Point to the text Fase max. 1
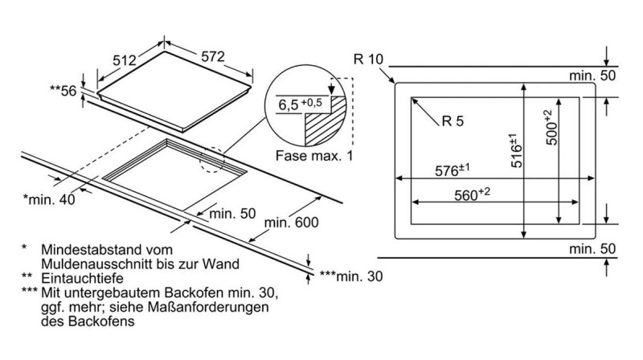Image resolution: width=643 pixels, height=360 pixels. pyautogui.click(x=314, y=156)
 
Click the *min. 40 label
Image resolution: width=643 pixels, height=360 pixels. pyautogui.click(x=49, y=198)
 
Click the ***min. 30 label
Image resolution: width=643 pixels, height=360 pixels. pyautogui.click(x=351, y=276)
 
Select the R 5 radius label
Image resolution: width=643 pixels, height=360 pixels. pyautogui.click(x=454, y=122)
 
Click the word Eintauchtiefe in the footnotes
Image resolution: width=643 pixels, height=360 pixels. pyautogui.click(x=77, y=276)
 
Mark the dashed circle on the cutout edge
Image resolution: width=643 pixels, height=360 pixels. pyautogui.click(x=215, y=160)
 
